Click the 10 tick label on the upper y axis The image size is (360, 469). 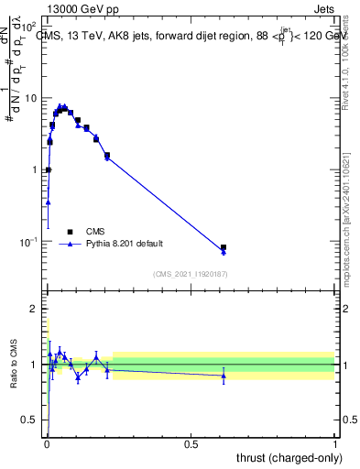pos(31,98)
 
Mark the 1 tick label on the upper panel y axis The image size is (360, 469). pos(35,170)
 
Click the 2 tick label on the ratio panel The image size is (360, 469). pos(35,310)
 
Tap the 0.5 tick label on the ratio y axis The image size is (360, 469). pos(30,420)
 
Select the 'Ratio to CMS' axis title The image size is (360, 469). pos(12,365)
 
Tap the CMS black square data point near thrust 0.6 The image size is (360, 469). pos(224,247)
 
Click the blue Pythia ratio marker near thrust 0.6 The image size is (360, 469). pos(224,376)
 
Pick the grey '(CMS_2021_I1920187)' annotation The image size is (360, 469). pos(190,274)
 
